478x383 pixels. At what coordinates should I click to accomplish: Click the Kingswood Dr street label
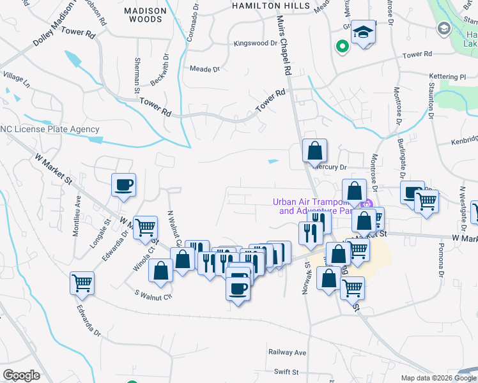pos(256,44)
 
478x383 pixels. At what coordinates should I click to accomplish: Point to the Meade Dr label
pos(204,69)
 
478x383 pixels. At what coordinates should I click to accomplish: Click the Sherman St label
pos(136,75)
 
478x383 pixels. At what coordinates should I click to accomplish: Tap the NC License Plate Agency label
pos(49,129)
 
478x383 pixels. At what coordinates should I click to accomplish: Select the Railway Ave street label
pos(287,352)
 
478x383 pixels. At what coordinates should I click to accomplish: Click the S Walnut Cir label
pos(153,296)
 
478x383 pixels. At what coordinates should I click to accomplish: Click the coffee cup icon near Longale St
pos(124,185)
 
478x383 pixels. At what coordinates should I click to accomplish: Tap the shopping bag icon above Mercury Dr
pos(314,151)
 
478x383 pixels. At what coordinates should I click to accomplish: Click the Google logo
pos(22,375)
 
